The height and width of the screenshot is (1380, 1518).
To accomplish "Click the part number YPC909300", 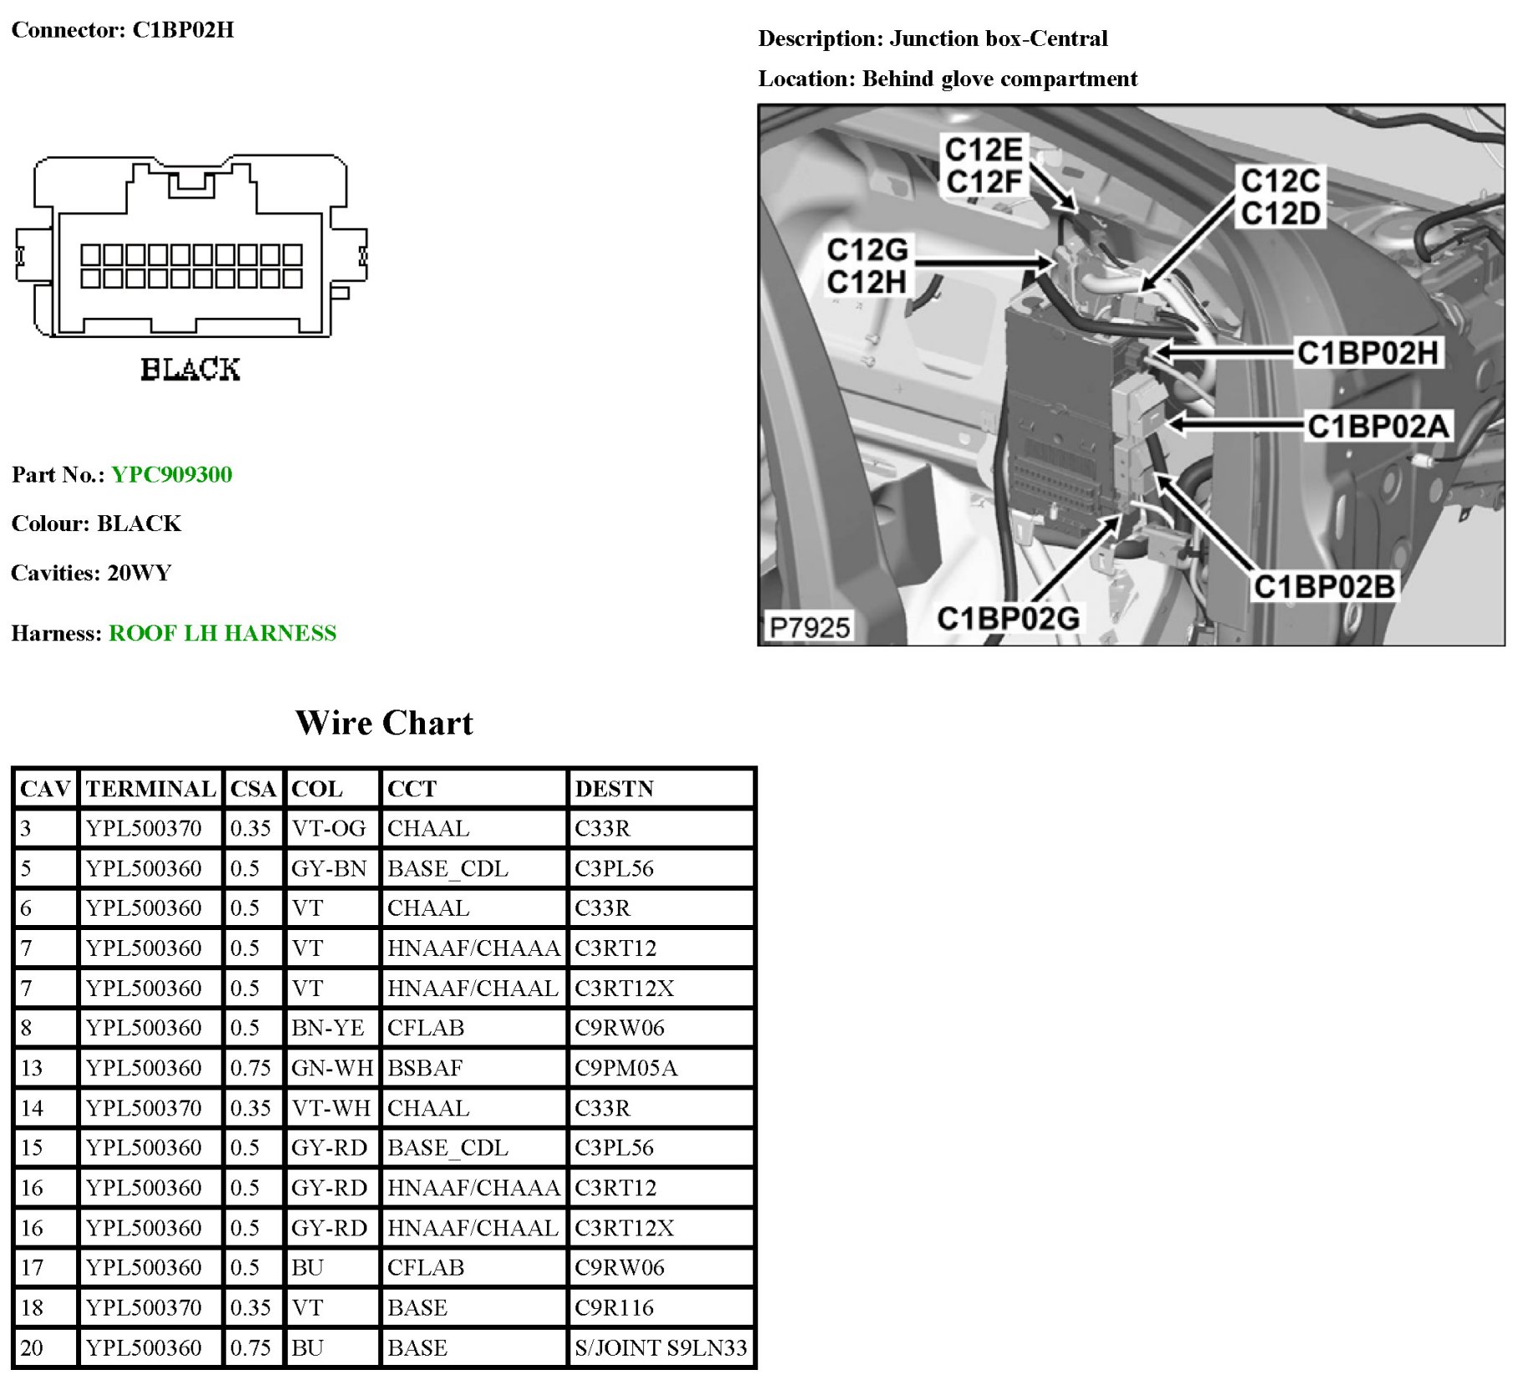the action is (171, 475).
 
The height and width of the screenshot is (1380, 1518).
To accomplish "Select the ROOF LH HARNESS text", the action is (222, 633).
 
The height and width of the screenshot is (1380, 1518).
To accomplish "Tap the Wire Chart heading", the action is (384, 723).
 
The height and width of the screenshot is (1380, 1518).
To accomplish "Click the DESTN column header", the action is (614, 789).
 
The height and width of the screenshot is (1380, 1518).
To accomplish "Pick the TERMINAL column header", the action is (151, 789).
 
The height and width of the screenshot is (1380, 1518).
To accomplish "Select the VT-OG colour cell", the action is (328, 828).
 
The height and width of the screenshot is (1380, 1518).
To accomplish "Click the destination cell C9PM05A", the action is (626, 1068).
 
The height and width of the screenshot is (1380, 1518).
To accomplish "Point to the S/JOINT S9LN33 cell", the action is (661, 1347).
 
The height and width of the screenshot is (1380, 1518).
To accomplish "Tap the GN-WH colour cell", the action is (332, 1068).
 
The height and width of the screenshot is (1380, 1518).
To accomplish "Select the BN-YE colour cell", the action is (328, 1028).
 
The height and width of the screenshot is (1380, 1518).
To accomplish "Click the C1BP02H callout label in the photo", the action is (1367, 353).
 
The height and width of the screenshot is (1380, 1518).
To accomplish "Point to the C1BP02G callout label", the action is (1008, 618).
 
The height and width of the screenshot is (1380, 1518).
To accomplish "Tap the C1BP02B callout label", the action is (1323, 586).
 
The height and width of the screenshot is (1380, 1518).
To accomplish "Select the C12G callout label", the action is (867, 250).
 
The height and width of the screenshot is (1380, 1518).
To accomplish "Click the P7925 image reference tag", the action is (809, 626).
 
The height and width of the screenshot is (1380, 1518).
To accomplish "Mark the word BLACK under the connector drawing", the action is (190, 369).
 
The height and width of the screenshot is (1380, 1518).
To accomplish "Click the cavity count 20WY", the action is (140, 573).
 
